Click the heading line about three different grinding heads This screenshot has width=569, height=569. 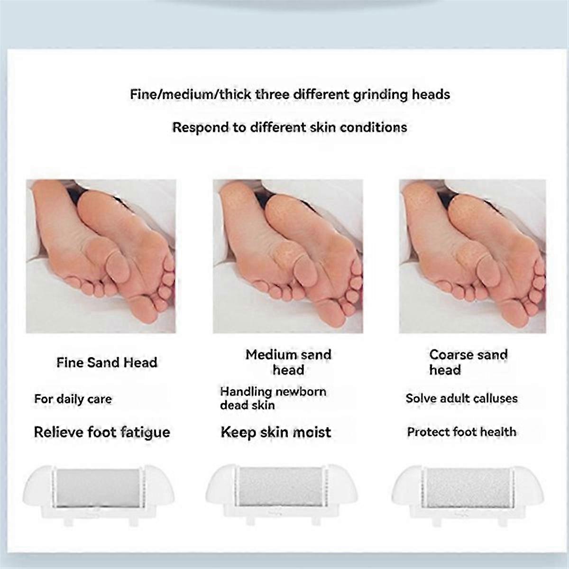coord(290,95)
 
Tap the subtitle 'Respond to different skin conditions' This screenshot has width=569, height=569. coord(290,128)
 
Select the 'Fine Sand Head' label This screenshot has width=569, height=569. coord(107,363)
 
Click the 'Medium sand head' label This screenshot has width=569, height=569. coord(288,362)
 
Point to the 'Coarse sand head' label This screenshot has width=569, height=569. coord(468,362)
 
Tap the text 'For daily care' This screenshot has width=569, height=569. coord(73,399)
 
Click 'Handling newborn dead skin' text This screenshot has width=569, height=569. coord(273,398)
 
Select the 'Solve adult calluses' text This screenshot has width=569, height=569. coord(461,398)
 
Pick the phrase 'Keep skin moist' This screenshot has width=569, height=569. coord(276,432)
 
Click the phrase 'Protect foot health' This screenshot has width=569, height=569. coord(462,432)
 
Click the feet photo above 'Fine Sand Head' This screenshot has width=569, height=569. coord(101,257)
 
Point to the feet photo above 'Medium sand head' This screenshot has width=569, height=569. coord(288,257)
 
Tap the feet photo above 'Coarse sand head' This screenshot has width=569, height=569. coord(472,257)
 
